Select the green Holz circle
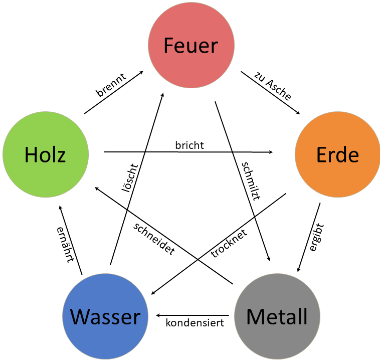tap(46, 154)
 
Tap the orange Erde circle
tap(337, 154)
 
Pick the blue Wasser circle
tap(105, 316)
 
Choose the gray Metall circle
tap(277, 316)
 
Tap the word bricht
tap(189, 145)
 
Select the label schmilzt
tap(251, 181)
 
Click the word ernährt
tap(65, 245)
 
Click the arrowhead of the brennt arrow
tap(142, 72)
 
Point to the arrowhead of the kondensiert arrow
tap(158, 315)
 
